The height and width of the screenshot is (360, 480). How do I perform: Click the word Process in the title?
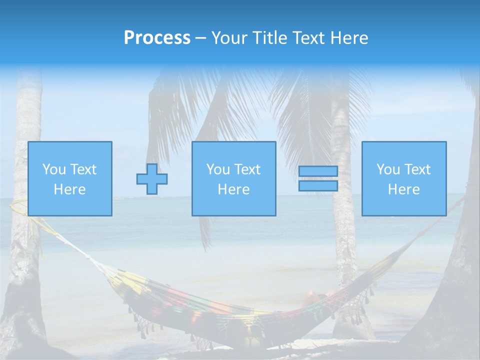tap(157, 38)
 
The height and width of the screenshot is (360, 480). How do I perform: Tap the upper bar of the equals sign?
tap(318, 171)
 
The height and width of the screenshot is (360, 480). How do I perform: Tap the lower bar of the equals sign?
tap(318, 186)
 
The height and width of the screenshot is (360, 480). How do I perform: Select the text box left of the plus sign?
tap(70, 178)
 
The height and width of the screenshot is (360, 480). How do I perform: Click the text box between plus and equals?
tap(233, 178)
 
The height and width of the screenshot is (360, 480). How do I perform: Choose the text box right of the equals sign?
tap(404, 178)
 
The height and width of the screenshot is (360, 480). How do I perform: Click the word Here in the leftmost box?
tap(70, 189)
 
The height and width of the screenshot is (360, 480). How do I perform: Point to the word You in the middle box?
tap(218, 169)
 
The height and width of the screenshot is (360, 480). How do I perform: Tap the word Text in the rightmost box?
tap(417, 169)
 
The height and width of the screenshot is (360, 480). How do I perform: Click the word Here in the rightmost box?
tap(404, 189)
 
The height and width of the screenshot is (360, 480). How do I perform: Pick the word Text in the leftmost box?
tap(83, 169)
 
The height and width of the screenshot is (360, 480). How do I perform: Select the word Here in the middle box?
tap(233, 189)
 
